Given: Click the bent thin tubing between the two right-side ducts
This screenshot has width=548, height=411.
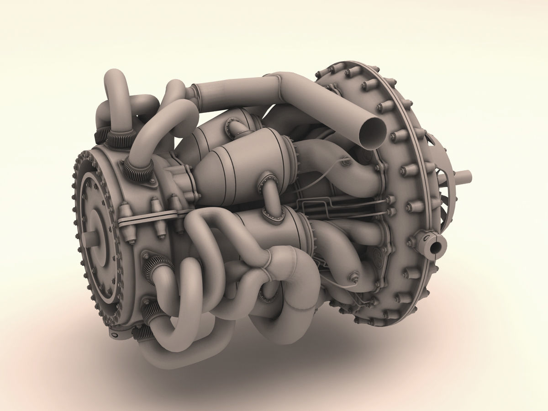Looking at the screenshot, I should pyautogui.click(x=320, y=205).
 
